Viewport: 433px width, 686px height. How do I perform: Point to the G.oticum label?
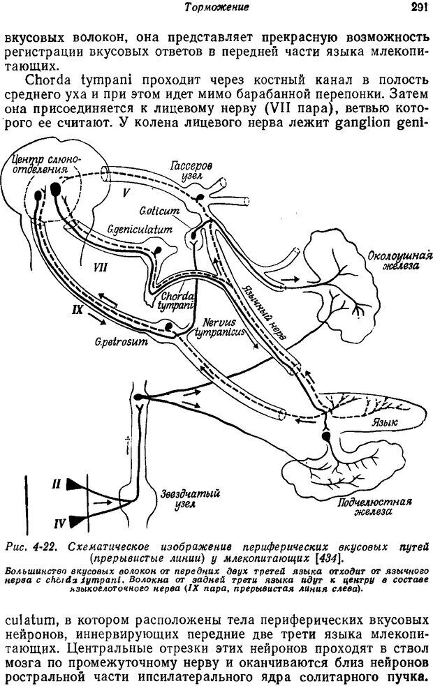click(159, 209)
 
